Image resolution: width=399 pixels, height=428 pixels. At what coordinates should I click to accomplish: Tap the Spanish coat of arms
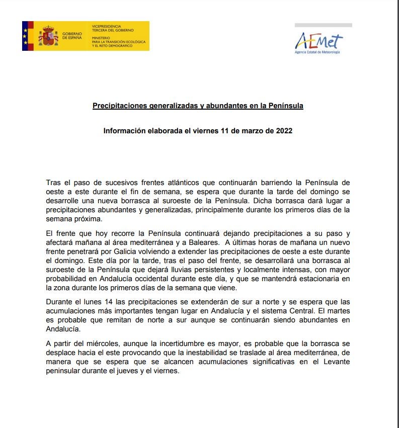pos(49,36)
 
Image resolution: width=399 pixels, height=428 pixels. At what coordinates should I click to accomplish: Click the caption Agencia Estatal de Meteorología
pos(317,52)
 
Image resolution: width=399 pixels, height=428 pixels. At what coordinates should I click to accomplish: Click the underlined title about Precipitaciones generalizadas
pos(198,106)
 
